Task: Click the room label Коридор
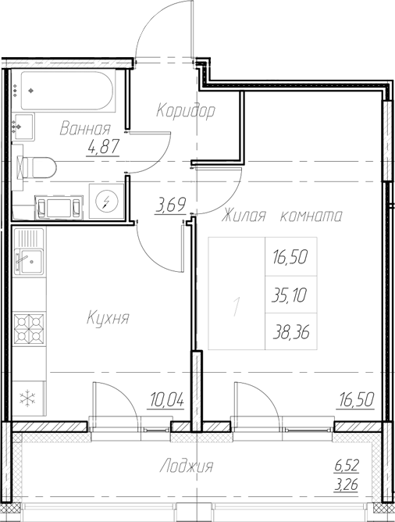(x=185, y=110)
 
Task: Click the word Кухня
(x=108, y=318)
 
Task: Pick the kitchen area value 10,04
(x=165, y=402)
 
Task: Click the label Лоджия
(x=186, y=467)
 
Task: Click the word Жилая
(x=246, y=216)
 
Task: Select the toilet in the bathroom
(x=37, y=166)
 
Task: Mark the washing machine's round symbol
(x=105, y=202)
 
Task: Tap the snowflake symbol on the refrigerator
(x=28, y=398)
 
